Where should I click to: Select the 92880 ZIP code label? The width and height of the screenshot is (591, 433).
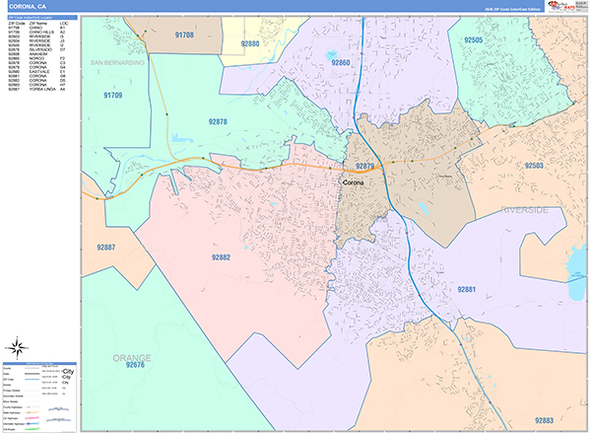click(250, 44)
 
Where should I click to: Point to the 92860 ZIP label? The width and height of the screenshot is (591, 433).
click(341, 62)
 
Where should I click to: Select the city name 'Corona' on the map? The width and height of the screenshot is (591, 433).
click(352, 183)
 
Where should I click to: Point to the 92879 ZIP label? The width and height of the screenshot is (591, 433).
click(366, 167)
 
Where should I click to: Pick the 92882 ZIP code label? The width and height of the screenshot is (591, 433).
click(221, 257)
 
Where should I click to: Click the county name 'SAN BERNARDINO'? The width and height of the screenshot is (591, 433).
click(117, 62)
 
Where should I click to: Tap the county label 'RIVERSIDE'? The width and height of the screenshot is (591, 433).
click(524, 210)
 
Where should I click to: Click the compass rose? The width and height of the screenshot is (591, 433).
click(17, 346)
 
